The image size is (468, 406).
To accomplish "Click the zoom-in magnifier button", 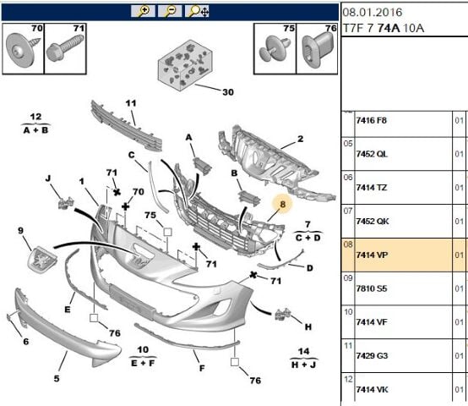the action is [143, 11].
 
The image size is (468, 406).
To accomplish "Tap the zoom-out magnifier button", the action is [170, 11].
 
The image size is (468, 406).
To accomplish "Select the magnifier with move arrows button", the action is [197, 11].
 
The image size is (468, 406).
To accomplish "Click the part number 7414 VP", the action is [372, 255].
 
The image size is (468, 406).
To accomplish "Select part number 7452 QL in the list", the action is [372, 154].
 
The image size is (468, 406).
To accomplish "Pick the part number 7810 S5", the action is [372, 288].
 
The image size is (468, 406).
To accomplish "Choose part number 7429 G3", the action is [372, 356].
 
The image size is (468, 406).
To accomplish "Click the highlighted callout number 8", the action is [282, 205].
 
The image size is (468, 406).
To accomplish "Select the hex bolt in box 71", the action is [65, 49].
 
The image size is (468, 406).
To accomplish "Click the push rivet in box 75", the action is [274, 48].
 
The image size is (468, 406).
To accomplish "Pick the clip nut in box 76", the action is [318, 49].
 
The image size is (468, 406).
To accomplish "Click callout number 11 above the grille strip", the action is [131, 103].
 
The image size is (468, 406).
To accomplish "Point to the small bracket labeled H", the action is [282, 315].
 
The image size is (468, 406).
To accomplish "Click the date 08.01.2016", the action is [373, 12].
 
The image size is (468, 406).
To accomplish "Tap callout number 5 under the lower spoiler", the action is [57, 379].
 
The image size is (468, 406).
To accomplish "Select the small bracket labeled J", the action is [65, 203].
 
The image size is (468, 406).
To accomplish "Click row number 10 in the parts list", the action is [348, 312].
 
